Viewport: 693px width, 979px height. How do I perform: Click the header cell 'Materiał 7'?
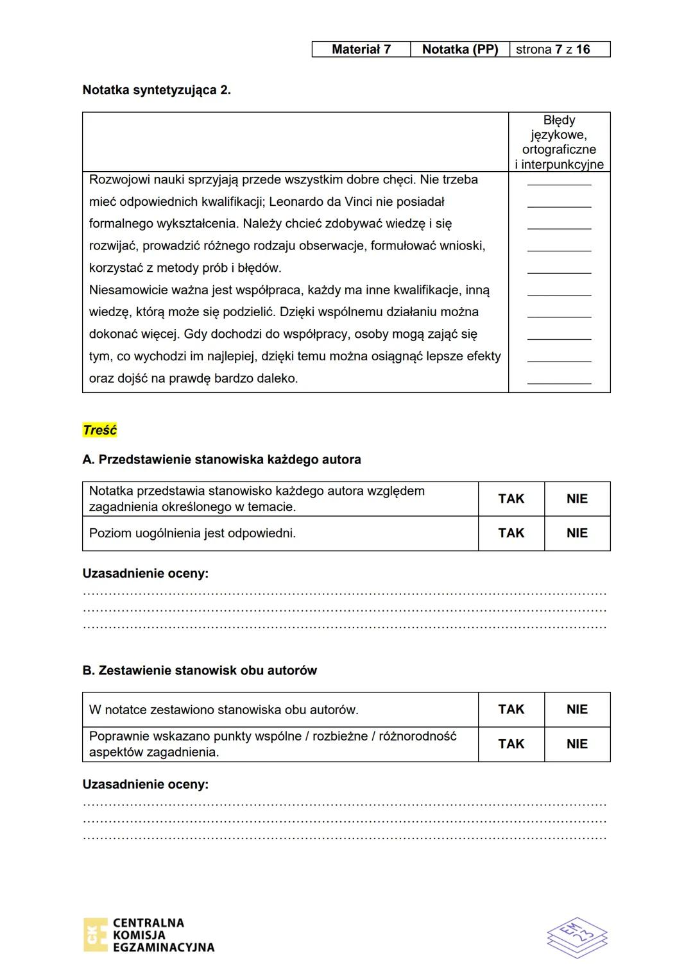click(361, 49)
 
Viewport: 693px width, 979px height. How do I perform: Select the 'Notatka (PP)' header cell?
click(459, 49)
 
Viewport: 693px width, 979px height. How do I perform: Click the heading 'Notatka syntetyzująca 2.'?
click(157, 90)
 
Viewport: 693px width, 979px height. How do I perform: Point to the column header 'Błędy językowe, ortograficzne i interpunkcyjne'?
click(559, 142)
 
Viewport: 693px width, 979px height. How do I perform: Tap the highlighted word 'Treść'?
click(99, 430)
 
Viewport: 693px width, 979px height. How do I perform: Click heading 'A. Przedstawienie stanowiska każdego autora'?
click(221, 460)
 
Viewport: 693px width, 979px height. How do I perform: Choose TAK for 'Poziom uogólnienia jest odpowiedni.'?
click(511, 533)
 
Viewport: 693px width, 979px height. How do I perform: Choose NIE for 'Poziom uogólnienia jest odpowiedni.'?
click(577, 533)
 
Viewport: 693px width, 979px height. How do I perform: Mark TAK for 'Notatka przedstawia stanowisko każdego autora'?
click(511, 499)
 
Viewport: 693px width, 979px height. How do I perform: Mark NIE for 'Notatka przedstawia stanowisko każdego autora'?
click(577, 499)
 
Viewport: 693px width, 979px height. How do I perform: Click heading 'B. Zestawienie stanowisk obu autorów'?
click(200, 671)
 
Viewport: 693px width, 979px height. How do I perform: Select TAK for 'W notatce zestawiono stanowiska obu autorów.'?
click(511, 709)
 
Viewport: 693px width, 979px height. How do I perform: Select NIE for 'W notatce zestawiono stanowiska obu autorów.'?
click(577, 709)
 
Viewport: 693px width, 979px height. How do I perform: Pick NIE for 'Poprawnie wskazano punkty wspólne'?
click(577, 744)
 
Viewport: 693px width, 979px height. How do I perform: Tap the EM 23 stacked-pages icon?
click(577, 937)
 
